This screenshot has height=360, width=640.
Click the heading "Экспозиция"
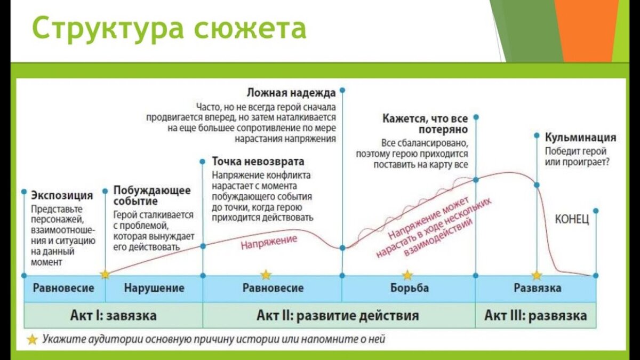(62, 195)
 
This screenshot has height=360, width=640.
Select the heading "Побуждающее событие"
(151, 196)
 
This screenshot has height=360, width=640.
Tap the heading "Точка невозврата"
(258, 161)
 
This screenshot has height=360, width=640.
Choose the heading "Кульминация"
(580, 137)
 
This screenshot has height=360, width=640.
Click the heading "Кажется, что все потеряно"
(425, 124)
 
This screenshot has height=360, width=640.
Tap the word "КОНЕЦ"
(572, 219)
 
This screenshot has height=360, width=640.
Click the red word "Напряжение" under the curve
(268, 242)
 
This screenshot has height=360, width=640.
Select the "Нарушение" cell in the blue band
(154, 288)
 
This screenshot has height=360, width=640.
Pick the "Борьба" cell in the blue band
(408, 288)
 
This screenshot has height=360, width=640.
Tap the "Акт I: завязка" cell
(113, 315)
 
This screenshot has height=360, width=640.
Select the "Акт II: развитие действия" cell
(339, 315)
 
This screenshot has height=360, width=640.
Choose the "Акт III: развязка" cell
(535, 315)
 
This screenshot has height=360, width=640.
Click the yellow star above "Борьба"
(407, 275)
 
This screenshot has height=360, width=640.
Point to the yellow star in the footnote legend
(33, 339)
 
